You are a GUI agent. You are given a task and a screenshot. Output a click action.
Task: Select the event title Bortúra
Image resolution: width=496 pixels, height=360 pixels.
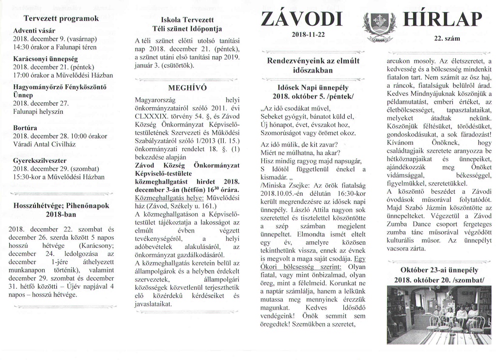26,128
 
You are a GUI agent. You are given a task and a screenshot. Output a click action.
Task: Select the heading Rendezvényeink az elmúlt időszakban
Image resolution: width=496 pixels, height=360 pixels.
313,65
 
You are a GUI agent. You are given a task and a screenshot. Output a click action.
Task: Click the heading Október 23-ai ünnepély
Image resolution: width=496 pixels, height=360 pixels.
439,270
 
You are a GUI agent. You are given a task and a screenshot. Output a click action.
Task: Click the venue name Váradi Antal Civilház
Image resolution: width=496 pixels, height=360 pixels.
47,144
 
